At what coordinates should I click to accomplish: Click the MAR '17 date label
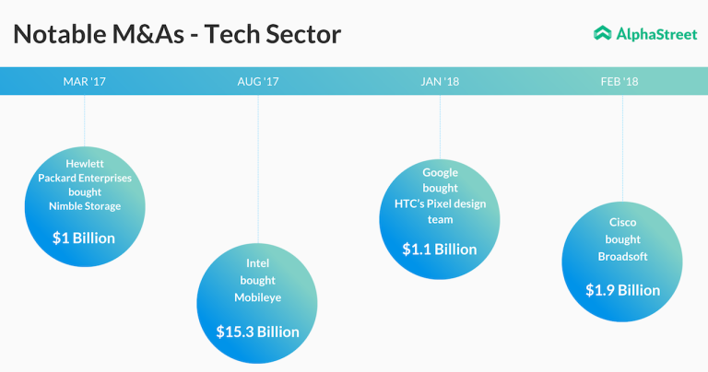pyautogui.click(x=85, y=82)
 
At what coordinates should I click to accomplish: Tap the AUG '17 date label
pyautogui.click(x=258, y=82)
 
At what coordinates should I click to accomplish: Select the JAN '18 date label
pyautogui.click(x=440, y=82)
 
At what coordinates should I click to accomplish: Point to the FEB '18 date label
pyautogui.click(x=619, y=82)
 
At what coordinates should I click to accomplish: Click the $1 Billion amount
pyautogui.click(x=84, y=238)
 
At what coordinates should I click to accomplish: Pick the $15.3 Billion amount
pyautogui.click(x=257, y=331)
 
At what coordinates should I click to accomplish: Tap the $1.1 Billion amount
pyautogui.click(x=440, y=249)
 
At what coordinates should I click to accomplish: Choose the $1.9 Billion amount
pyautogui.click(x=622, y=290)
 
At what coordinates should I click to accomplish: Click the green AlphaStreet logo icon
pyautogui.click(x=602, y=33)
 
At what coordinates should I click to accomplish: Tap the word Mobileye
pyautogui.click(x=257, y=297)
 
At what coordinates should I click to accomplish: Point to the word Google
pyautogui.click(x=440, y=172)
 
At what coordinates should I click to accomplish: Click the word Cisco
pyautogui.click(x=622, y=223)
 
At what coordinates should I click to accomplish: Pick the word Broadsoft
pyautogui.click(x=622, y=256)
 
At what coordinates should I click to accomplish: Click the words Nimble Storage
pyautogui.click(x=84, y=206)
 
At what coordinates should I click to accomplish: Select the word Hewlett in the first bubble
pyautogui.click(x=84, y=164)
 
